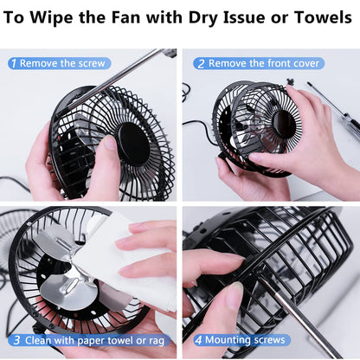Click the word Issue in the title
pos(244,16)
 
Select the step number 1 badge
pos(13,63)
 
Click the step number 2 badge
pos(200,63)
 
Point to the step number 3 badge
pos(16,340)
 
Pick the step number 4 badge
pos(199,340)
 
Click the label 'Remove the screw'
pos(63,63)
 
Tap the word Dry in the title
pos(196,16)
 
